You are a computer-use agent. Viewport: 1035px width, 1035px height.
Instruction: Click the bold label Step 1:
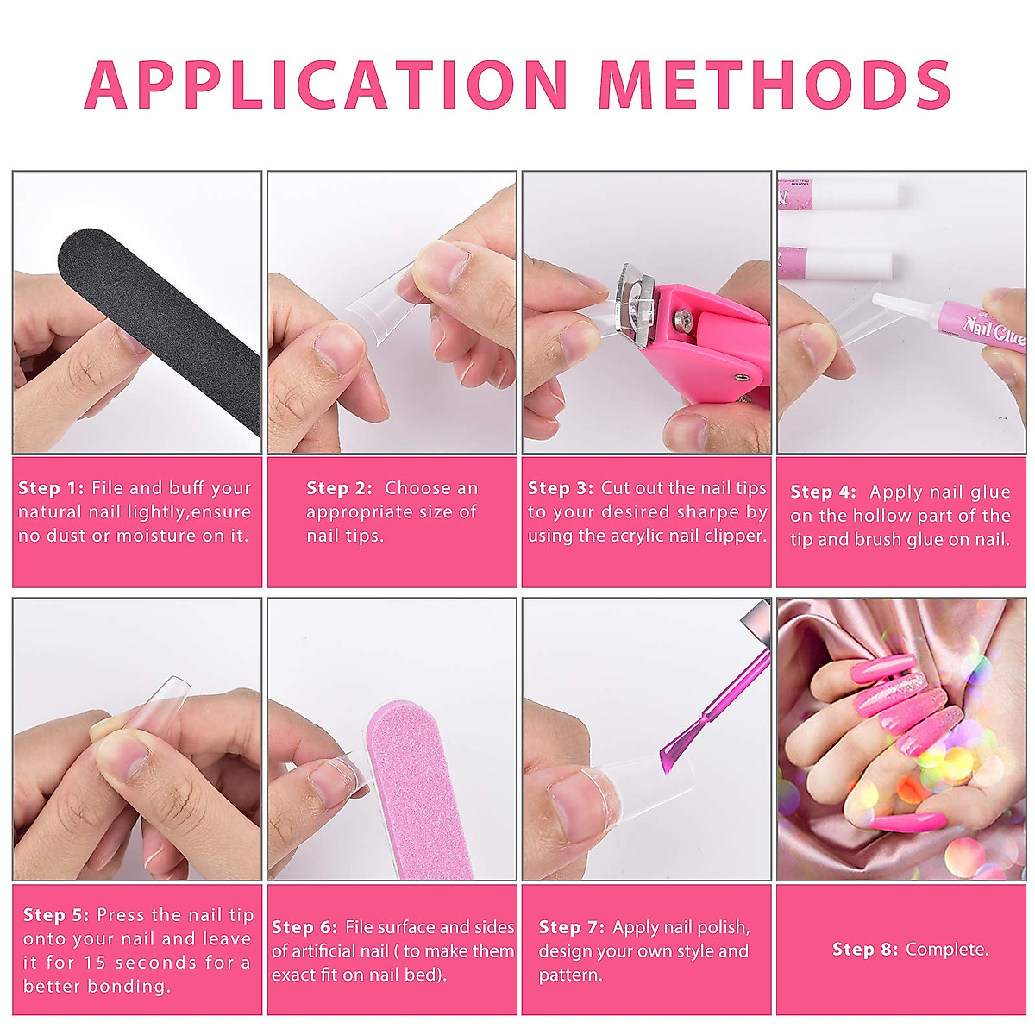[x=51, y=488]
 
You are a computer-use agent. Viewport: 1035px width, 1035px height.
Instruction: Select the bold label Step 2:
[x=339, y=488]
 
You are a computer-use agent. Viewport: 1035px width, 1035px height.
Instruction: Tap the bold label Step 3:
[x=561, y=488]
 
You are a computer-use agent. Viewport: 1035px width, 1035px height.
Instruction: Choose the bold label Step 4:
[x=823, y=492]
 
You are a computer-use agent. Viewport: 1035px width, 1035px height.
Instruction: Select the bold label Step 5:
[x=56, y=915]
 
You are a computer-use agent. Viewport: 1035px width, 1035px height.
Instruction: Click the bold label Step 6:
[x=304, y=927]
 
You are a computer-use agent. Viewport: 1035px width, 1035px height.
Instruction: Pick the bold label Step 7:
[x=571, y=927]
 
